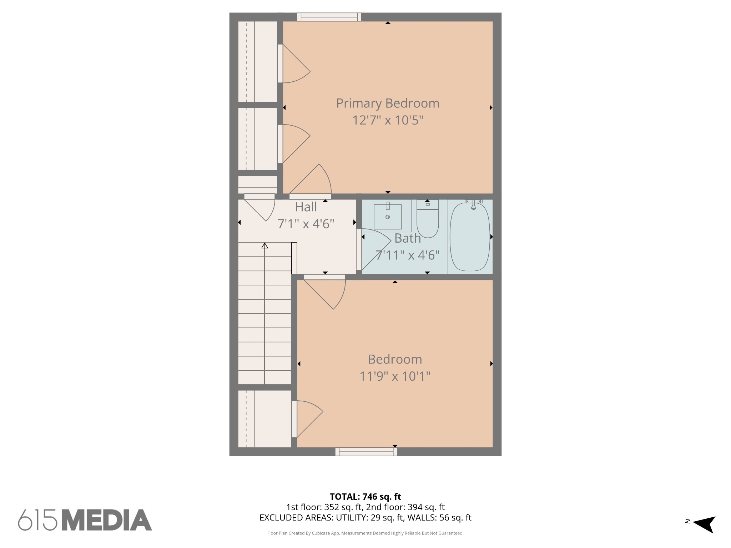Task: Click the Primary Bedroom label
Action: coord(388,103)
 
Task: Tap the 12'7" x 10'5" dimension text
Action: coord(388,120)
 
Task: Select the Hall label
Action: coord(306,207)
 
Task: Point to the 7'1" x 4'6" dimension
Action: coord(306,224)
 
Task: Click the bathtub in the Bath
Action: coord(470,237)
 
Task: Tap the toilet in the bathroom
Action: coord(428,219)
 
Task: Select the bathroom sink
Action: coord(388,216)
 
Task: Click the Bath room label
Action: coord(408,238)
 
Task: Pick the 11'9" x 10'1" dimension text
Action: coord(395,376)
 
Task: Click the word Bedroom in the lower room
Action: coord(395,359)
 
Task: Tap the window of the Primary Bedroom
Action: coord(329,17)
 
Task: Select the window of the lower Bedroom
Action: coord(366,452)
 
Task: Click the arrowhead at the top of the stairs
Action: coord(264,245)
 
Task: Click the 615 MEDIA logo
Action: coord(85,520)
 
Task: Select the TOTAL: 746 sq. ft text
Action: coord(365,497)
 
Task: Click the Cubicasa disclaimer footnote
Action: coord(365,533)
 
